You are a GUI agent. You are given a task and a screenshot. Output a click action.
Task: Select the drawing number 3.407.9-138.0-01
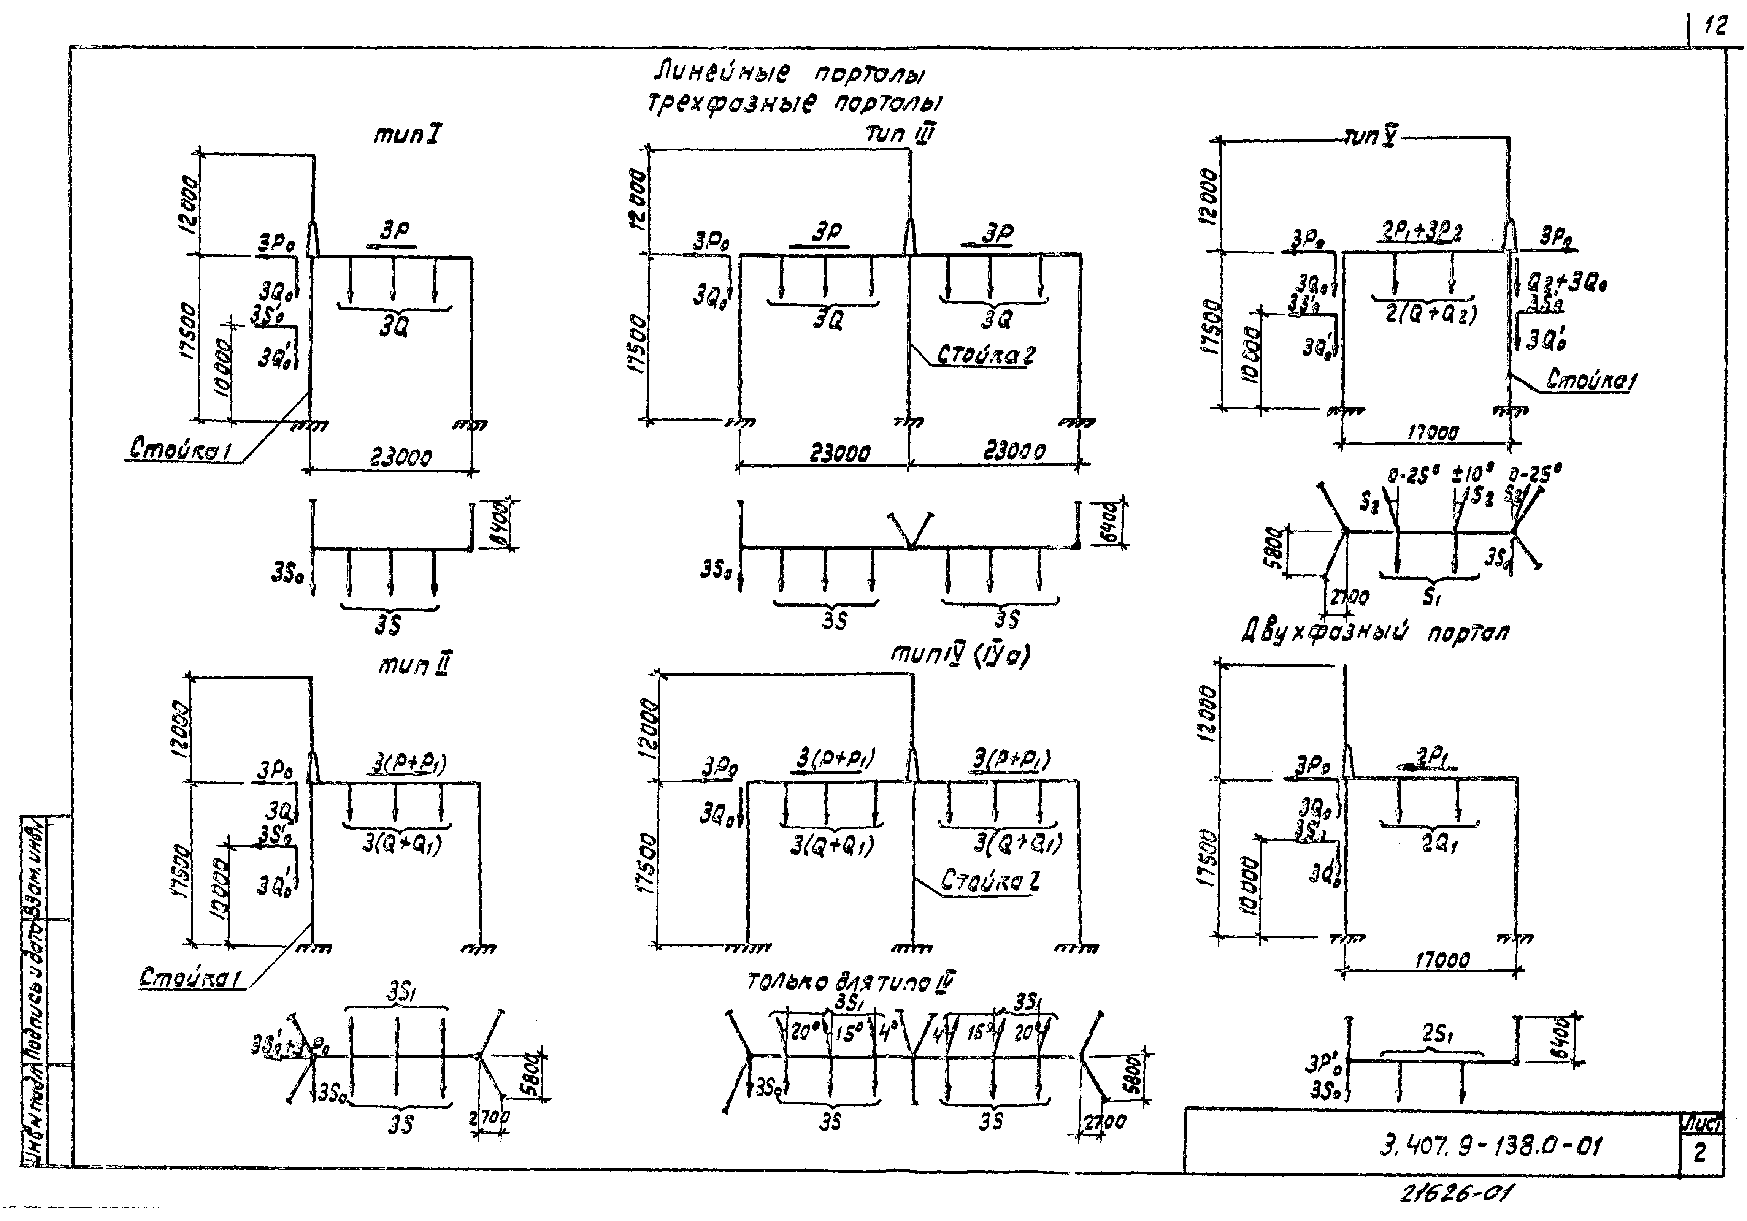[x=1490, y=1146]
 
